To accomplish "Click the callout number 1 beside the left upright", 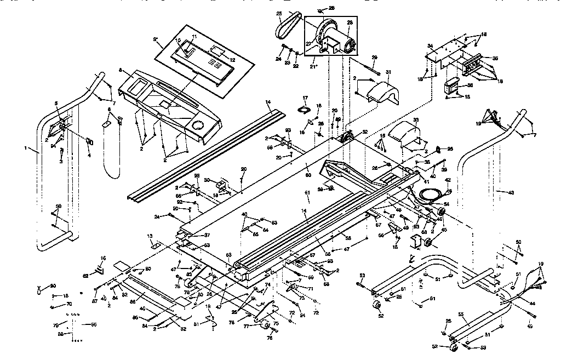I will [26, 148].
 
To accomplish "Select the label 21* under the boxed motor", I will [314, 66].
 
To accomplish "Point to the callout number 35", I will [495, 58].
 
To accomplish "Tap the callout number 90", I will [53, 286].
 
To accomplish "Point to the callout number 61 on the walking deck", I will [307, 193].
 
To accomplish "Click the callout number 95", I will [450, 149].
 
